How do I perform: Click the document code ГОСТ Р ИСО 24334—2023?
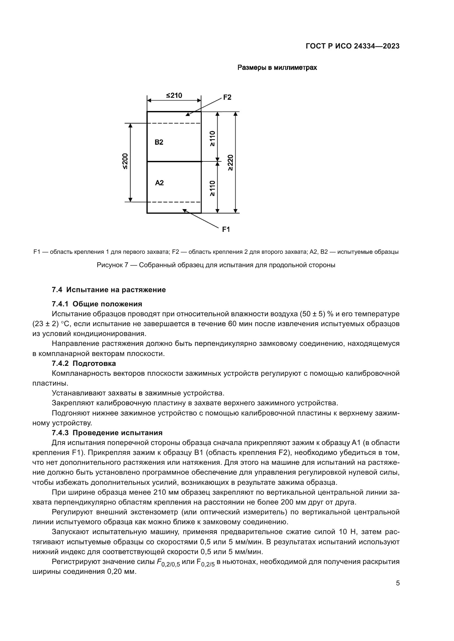[352, 46]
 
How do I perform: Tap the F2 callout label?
[227, 98]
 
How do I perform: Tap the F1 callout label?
[226, 229]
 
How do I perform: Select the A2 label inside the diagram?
[159, 183]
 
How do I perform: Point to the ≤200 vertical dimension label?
[125, 161]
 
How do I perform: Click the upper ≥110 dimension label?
[212, 138]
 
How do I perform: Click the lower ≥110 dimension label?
[212, 188]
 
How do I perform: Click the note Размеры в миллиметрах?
[277, 68]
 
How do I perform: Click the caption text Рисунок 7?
[112, 265]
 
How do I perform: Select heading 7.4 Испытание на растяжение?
[109, 289]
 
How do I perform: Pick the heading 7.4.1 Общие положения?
[97, 304]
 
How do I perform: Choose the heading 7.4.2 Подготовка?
[84, 363]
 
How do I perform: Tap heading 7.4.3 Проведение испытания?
[107, 433]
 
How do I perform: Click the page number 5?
[397, 583]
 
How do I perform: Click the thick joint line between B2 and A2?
[174, 161]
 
